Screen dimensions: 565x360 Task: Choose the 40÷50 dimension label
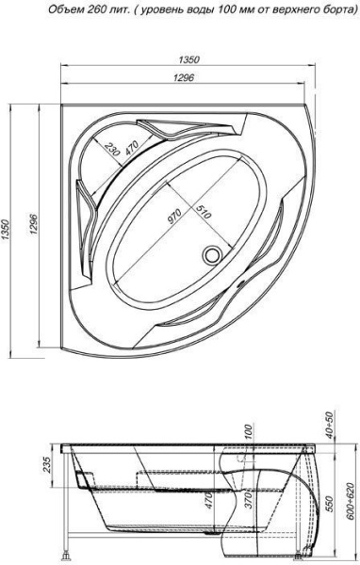(329, 427)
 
